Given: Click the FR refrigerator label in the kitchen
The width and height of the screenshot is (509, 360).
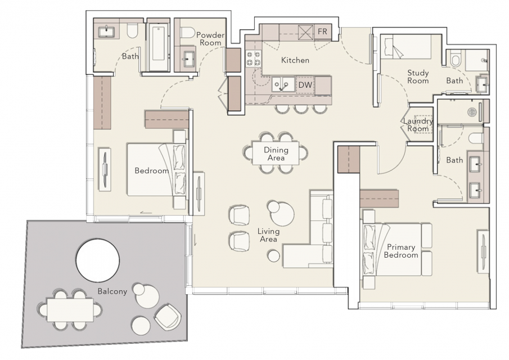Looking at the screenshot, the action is pos(322,31).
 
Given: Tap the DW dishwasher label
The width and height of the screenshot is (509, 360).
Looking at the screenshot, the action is pos(305,85).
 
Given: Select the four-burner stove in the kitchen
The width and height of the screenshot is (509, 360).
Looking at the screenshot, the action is pos(254,58).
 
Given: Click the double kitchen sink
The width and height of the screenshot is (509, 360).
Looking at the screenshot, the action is pos(283,84).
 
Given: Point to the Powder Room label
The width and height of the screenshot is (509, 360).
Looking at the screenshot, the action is pos(210,39).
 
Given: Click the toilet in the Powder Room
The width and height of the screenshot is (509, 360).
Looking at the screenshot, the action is pos(187,33).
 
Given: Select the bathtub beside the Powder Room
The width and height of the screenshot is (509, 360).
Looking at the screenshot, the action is pos(159,44).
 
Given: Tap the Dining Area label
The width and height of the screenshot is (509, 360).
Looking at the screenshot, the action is pos(276,154).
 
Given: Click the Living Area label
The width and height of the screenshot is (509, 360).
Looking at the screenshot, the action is pos(268,235).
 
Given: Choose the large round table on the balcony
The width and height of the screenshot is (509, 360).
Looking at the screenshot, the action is pos(98,260).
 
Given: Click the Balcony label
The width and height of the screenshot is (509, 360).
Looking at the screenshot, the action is pos(112,291).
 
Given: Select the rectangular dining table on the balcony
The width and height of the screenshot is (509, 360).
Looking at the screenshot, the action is pos(70,310).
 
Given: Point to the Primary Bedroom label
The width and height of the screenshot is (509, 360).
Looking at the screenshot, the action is pos(401,251).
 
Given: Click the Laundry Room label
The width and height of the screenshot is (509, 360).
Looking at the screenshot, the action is pos(418,125).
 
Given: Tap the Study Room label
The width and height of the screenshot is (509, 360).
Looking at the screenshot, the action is pos(418,76).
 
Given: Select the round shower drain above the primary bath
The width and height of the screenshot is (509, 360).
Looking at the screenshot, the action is pos(471,112).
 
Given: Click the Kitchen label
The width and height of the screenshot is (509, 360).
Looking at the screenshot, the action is pos(295,60).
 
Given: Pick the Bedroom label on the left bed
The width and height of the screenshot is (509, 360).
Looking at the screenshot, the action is pos(152,170).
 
